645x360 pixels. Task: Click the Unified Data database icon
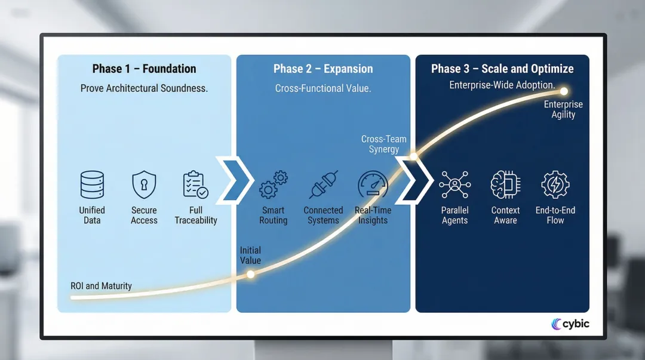pos(92,184)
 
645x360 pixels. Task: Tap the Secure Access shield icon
pos(144,184)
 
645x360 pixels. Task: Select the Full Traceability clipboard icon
pos(195,184)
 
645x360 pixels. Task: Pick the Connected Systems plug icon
pos(324,184)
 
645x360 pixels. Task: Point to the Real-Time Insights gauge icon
pos(373,184)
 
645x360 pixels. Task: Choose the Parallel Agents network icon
pos(454,184)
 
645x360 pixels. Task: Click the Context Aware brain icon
pos(505,184)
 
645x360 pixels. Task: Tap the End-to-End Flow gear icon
pos(555,184)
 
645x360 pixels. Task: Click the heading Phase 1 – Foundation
pos(144,69)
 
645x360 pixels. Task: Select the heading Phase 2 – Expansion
pos(323,69)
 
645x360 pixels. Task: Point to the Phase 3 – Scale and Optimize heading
pos(502,69)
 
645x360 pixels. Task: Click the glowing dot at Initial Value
pos(251,275)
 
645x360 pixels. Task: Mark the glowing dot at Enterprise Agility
pos(563,91)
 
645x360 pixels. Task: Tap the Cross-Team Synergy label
pos(383,144)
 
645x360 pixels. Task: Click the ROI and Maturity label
pos(101,286)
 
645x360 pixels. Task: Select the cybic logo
pos(570,324)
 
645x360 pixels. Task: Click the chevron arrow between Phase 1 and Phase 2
pos(234,179)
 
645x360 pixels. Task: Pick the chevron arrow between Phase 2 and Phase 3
pos(414,179)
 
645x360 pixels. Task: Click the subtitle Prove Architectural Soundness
pos(144,88)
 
